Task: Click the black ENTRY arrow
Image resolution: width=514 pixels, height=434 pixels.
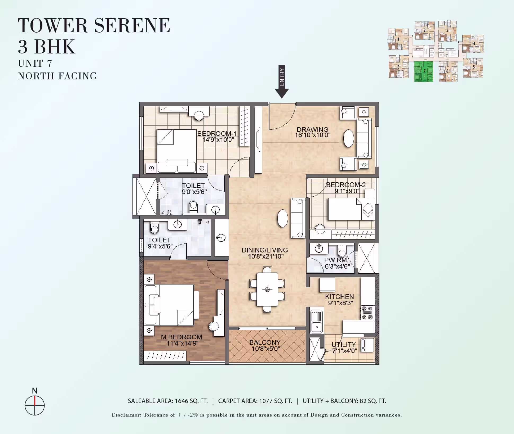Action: click(x=282, y=82)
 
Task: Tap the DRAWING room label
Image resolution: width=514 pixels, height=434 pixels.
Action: click(x=312, y=129)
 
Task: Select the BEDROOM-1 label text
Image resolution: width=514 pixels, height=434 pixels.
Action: click(x=217, y=133)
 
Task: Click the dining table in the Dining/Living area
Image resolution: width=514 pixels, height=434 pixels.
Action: click(x=267, y=290)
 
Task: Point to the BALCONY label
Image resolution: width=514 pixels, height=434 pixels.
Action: click(x=265, y=342)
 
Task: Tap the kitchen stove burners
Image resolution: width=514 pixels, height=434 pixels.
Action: click(x=367, y=313)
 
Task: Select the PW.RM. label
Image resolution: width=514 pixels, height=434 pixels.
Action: click(x=336, y=260)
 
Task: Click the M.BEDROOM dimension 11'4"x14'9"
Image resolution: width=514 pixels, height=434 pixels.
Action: click(x=182, y=343)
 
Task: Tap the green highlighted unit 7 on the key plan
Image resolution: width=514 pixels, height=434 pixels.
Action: click(x=423, y=71)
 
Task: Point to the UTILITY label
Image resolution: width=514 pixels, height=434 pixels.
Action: click(x=344, y=345)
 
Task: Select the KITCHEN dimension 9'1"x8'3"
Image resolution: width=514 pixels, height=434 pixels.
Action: click(x=341, y=303)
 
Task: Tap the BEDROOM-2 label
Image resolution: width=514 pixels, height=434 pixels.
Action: click(x=346, y=185)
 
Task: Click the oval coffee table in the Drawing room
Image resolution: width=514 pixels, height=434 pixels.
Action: click(x=348, y=138)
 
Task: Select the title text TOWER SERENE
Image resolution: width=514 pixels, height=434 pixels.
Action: click(x=94, y=26)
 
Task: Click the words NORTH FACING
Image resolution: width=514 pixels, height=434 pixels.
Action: click(x=57, y=76)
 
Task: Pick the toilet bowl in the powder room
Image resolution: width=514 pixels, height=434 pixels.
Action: click(x=342, y=251)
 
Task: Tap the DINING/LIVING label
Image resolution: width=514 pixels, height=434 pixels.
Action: click(x=265, y=250)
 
